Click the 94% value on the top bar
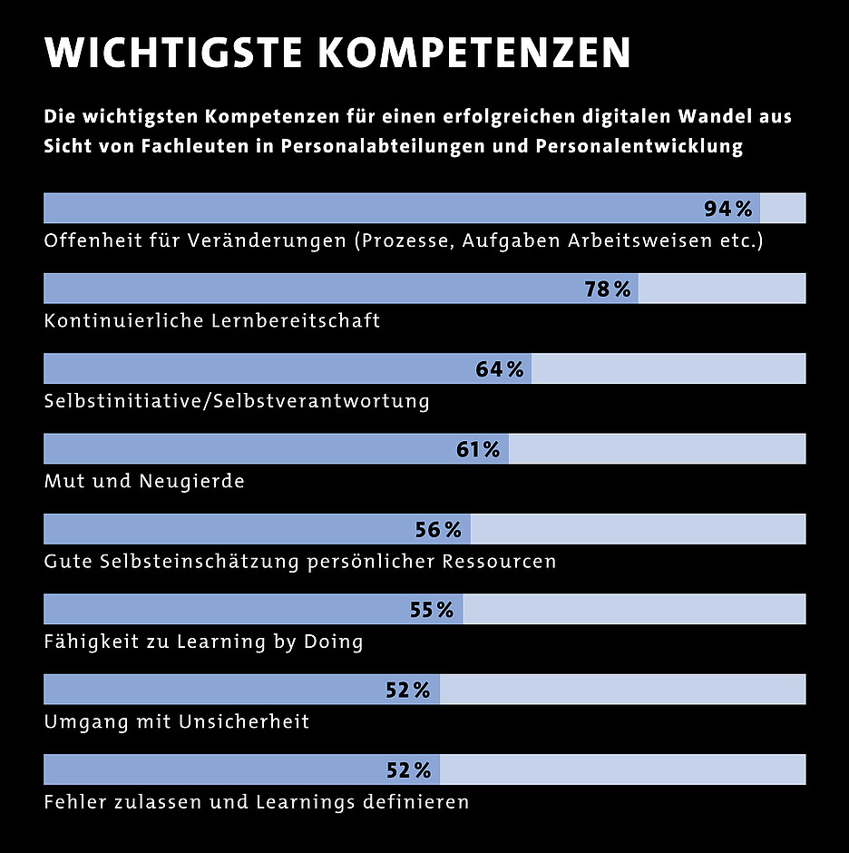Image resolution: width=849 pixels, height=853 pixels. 728,210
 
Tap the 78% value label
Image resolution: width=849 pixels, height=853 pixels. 607,289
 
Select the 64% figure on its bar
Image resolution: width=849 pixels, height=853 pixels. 500,369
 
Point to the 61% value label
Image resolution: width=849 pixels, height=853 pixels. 478,449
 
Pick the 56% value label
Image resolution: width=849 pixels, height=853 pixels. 439,529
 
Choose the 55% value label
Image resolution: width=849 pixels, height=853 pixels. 432,610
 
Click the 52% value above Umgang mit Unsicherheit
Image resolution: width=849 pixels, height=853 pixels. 408,690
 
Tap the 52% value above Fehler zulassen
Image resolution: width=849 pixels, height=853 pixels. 408,770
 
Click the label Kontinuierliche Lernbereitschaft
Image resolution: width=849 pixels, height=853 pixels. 212,320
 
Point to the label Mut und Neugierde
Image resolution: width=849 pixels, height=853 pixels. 144,481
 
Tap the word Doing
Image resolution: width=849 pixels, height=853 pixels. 332,642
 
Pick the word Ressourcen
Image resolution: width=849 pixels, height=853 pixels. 499,561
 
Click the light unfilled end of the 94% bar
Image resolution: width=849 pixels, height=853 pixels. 783,209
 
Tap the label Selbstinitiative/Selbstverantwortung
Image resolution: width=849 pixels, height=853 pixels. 237,400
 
